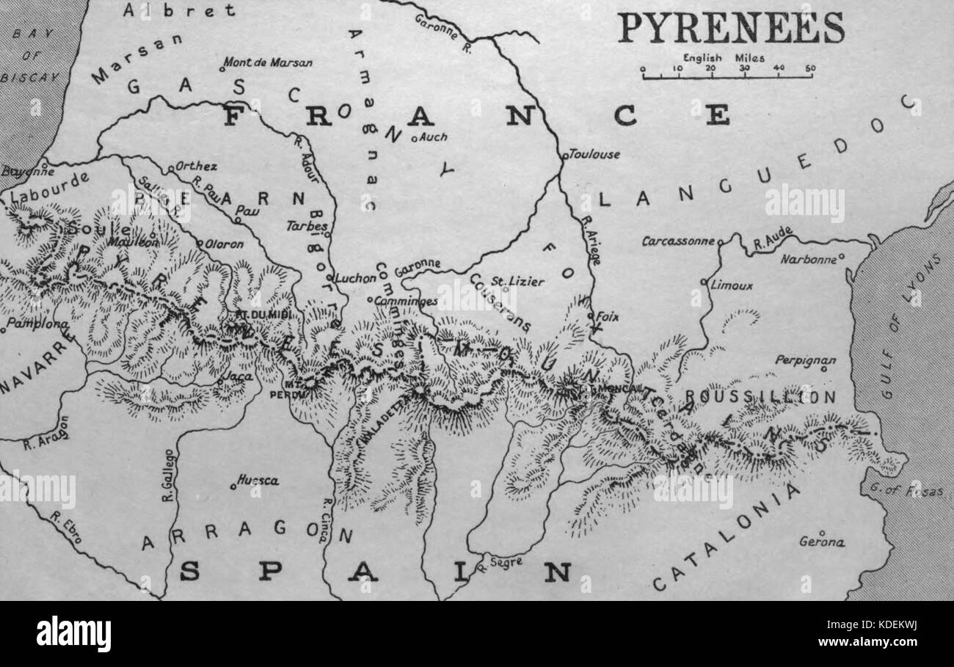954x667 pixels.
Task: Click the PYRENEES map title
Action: coord(730,27)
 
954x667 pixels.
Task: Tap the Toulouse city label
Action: coord(594,154)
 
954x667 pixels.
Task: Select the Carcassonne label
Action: coord(677,241)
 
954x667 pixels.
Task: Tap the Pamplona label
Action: coord(30,323)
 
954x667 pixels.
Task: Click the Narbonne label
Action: coord(808,259)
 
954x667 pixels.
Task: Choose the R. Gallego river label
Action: coord(167,475)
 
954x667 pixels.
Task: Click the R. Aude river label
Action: coord(772,238)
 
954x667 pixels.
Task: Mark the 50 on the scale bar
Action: coord(809,68)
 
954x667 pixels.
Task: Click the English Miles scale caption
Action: coord(724,58)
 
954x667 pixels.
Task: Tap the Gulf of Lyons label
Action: coord(910,327)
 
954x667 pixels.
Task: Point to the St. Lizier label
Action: coord(506,280)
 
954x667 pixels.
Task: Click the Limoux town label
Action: coord(731,285)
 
